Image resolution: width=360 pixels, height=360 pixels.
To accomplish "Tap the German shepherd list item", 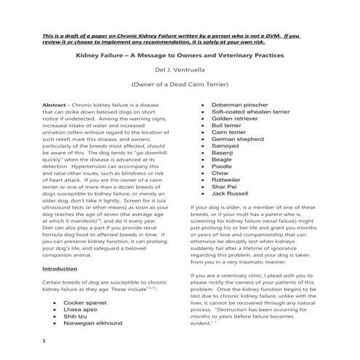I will point(239,140).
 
